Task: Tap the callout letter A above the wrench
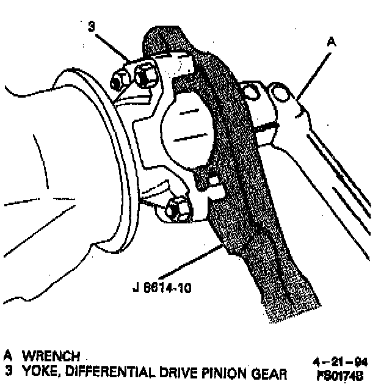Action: pos(332,42)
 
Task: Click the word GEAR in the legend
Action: pos(269,370)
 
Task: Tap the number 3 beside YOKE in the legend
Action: pos(8,370)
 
